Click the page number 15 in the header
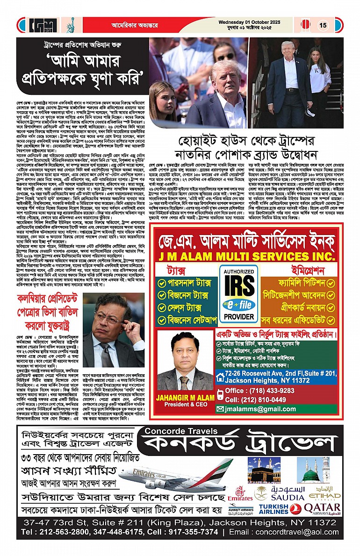pos(323,25)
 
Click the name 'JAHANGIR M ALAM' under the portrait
pos(186,399)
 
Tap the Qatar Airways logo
pos(322,508)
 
